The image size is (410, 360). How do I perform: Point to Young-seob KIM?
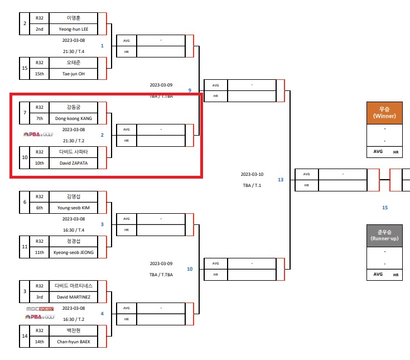73,208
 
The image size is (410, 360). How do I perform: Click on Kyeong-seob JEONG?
73,252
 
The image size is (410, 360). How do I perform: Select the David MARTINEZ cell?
73,297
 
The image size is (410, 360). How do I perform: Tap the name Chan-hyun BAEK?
73,342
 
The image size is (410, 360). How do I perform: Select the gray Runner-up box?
384,235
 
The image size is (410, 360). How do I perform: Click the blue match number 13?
281,180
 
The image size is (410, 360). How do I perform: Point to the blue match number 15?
384,208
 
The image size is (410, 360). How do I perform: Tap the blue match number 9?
190,90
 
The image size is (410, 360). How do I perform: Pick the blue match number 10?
190,269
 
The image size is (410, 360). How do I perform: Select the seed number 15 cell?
25,68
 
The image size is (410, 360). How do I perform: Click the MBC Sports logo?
40,308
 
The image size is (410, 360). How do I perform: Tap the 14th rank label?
40,342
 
